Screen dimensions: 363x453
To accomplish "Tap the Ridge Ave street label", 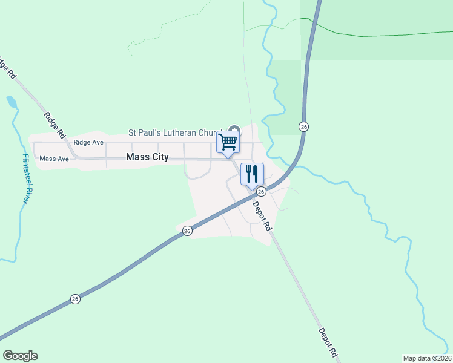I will coord(88,143).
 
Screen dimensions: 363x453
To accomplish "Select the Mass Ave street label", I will coord(54,159).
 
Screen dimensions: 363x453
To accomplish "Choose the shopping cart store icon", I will coord(228,143).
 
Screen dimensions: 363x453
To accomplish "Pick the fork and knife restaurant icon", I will coord(252,174).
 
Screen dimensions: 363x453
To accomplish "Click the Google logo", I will coord(20,356).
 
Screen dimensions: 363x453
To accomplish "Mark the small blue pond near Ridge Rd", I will coord(12,102).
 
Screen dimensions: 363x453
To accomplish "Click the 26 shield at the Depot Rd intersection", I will coord(261,191).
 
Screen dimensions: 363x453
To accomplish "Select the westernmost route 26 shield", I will coord(75,299).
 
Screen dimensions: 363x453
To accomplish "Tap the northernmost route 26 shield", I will coord(304,126).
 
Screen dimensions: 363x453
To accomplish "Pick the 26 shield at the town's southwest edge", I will coord(188,231).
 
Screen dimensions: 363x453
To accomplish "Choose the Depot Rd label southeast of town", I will coord(327,342).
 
